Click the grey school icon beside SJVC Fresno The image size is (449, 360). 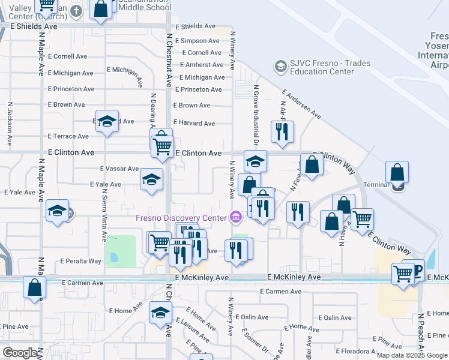[280, 65]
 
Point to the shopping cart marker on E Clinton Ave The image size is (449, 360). [162, 146]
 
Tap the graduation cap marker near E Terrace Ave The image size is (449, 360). [107, 122]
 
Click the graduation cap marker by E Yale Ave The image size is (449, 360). [151, 179]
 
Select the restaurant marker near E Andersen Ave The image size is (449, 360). [282, 131]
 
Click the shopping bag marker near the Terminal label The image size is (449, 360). [397, 173]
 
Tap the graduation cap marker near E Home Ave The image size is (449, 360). [160, 313]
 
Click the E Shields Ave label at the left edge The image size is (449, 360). [34, 26]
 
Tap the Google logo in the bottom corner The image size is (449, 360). [20, 353]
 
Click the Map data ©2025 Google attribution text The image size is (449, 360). [412, 355]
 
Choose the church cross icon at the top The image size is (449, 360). [76, 11]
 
